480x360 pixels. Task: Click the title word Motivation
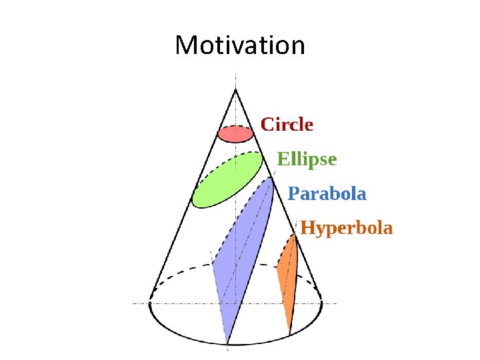(239, 46)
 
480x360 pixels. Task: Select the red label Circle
(287, 125)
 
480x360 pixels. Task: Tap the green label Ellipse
(307, 159)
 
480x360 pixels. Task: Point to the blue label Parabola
(327, 194)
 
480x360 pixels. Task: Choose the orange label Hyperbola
(347, 229)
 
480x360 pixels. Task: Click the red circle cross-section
(235, 134)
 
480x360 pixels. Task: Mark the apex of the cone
(235, 90)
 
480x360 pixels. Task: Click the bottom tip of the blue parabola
(227, 343)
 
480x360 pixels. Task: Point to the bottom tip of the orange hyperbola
(289, 333)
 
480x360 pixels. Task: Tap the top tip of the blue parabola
(271, 178)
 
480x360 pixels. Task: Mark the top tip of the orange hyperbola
(295, 235)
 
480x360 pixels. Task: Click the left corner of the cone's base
(149, 303)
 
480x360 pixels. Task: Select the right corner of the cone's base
(322, 303)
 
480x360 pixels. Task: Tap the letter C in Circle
(267, 125)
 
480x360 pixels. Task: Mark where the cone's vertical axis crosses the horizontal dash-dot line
(235, 303)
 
